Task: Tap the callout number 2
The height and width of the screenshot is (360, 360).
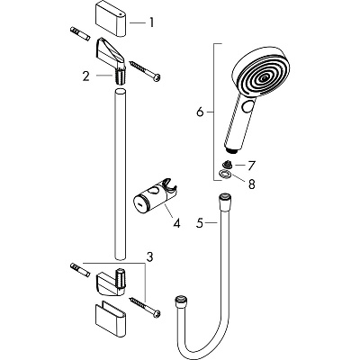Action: pos(85,76)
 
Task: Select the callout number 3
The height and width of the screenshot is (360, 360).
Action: pos(150,256)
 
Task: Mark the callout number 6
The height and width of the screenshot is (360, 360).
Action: pos(200,112)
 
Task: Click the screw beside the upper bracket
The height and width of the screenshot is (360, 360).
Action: pos(148,71)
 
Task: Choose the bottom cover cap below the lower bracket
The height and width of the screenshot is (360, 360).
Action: pos(117,323)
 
